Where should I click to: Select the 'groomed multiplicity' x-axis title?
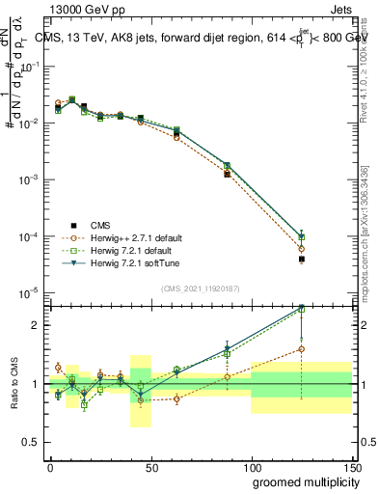303,481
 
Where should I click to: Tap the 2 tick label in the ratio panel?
36,325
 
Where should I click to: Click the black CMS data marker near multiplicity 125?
302,260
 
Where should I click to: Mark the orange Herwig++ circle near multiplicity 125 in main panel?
302,249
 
